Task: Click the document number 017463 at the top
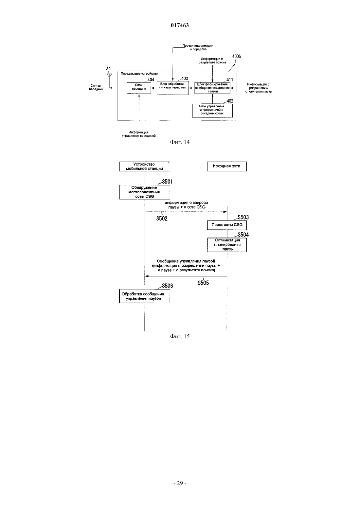point(180,25)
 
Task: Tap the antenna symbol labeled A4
point(109,75)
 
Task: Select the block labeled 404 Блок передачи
point(139,88)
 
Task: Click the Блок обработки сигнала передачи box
point(173,88)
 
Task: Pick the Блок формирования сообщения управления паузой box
point(212,88)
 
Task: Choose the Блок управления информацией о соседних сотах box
point(212,111)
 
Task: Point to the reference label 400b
point(236,56)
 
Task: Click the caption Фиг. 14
point(180,142)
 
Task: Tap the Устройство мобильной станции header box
point(145,166)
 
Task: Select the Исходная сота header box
point(226,166)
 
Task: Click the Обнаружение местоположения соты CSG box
point(145,192)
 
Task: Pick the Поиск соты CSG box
point(226,225)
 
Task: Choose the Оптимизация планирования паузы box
point(226,245)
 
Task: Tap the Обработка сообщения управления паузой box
point(145,296)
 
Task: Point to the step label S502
point(162,219)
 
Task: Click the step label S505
point(203,283)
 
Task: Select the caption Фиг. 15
point(180,336)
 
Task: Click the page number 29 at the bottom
point(180,483)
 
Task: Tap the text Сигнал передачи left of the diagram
point(96,87)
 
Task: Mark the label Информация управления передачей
point(139,134)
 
